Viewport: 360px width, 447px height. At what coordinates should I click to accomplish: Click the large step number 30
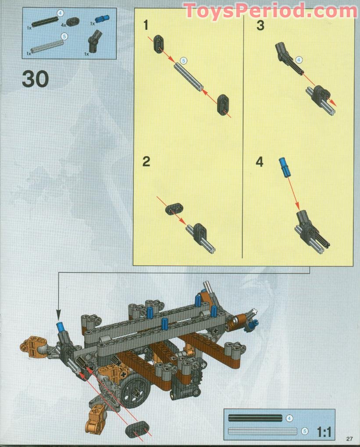point(35,79)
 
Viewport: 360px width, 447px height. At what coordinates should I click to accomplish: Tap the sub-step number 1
point(146,25)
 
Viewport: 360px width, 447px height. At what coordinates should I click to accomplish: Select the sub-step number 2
point(146,161)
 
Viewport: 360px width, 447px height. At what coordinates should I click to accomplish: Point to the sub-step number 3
point(260,25)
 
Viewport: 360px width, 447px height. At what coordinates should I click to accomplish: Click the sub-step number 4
point(260,162)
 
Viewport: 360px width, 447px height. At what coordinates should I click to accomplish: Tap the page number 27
point(349,438)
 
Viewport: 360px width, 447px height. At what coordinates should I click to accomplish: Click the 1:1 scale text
point(324,432)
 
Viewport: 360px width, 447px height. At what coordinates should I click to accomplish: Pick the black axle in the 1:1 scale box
point(255,418)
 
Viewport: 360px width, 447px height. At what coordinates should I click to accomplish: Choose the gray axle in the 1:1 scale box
point(262,431)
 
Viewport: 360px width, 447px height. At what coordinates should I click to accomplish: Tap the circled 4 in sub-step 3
point(299,59)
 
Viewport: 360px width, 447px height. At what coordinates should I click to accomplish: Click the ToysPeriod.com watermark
point(271,11)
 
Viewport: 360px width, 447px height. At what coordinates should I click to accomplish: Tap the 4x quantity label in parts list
point(64,25)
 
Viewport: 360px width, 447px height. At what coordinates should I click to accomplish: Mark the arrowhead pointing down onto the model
point(58,316)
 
